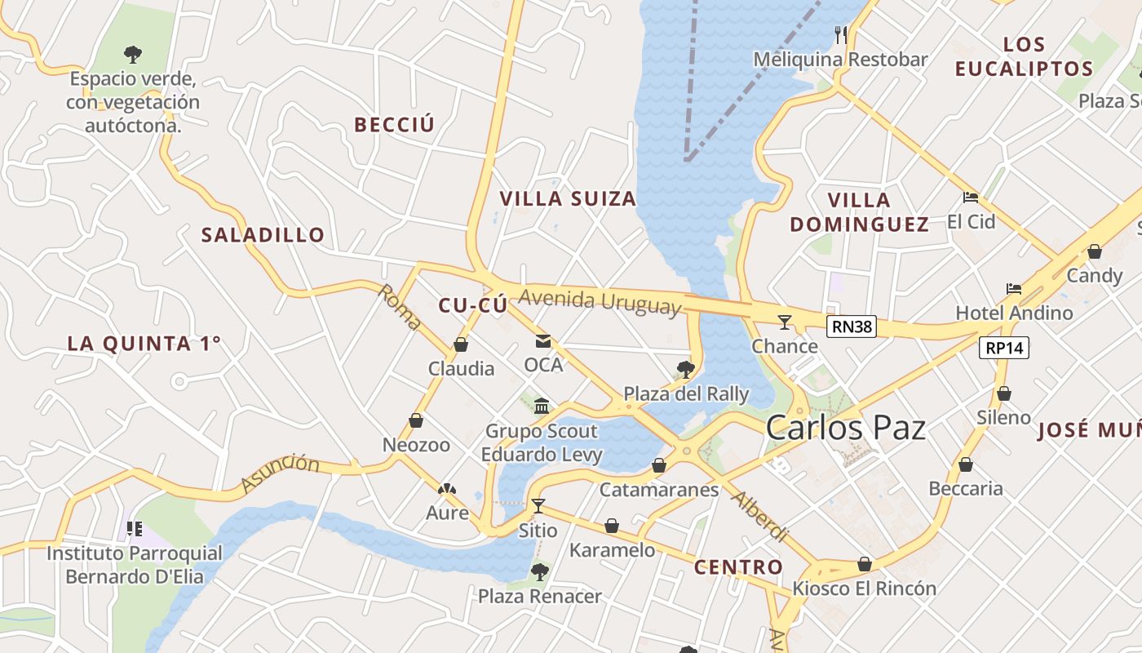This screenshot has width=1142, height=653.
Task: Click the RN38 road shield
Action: (x=852, y=327)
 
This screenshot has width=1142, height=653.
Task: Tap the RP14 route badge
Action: (x=1004, y=348)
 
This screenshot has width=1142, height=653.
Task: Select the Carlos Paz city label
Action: (x=846, y=428)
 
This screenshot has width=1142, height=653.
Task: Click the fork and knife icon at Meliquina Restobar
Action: (x=841, y=34)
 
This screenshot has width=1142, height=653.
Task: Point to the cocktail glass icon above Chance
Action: (x=785, y=322)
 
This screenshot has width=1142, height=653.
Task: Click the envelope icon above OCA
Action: (x=543, y=340)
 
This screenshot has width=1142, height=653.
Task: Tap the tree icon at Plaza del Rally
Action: (x=685, y=370)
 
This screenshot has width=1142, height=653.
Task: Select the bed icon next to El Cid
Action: (x=971, y=198)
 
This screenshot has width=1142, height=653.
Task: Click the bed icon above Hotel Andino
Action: (x=1014, y=289)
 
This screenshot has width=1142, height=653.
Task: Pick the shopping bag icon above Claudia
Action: (x=461, y=344)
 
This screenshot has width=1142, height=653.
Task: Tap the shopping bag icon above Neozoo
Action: (x=416, y=420)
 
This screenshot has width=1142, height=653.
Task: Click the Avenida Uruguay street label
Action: (x=600, y=301)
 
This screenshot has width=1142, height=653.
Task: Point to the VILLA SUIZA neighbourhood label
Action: (x=568, y=198)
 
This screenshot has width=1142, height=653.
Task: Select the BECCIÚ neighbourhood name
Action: (x=394, y=125)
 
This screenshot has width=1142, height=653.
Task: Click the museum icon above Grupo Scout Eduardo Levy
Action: (x=542, y=406)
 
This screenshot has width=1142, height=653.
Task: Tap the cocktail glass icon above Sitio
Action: (x=538, y=505)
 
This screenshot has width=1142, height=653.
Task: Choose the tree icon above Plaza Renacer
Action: (x=539, y=571)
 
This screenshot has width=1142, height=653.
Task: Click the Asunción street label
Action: (x=280, y=474)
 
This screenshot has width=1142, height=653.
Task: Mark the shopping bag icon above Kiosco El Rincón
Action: (x=865, y=564)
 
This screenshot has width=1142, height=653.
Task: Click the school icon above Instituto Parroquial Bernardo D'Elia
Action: (x=135, y=529)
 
